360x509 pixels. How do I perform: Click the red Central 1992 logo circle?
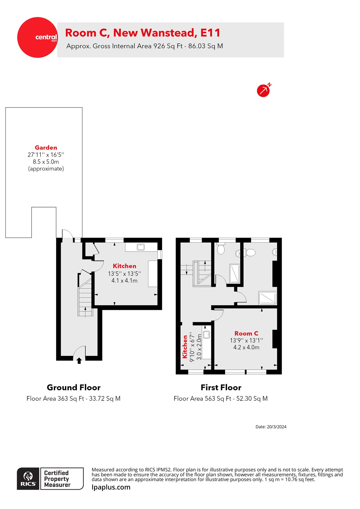[38, 38]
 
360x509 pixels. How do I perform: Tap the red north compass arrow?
[263, 91]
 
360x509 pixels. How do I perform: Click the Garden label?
[46, 148]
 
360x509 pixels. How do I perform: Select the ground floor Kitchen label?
[124, 266]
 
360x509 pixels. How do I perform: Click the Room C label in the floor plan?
[246, 333]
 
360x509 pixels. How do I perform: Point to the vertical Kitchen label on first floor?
[185, 347]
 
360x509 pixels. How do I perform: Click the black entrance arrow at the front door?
[79, 360]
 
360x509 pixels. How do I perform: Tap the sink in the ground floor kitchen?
[140, 247]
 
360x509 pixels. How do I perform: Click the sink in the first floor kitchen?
[207, 334]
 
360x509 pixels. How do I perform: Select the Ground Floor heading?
[74, 387]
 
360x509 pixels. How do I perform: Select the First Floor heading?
[221, 387]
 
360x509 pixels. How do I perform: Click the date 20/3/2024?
[271, 427]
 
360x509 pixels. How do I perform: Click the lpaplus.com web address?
[111, 487]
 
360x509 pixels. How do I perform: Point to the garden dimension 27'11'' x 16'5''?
[46, 155]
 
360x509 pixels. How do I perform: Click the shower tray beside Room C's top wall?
[268, 298]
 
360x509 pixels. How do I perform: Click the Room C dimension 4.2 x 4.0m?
[246, 347]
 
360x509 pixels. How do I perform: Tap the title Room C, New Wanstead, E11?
[143, 33]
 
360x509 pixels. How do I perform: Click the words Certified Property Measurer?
[57, 479]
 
